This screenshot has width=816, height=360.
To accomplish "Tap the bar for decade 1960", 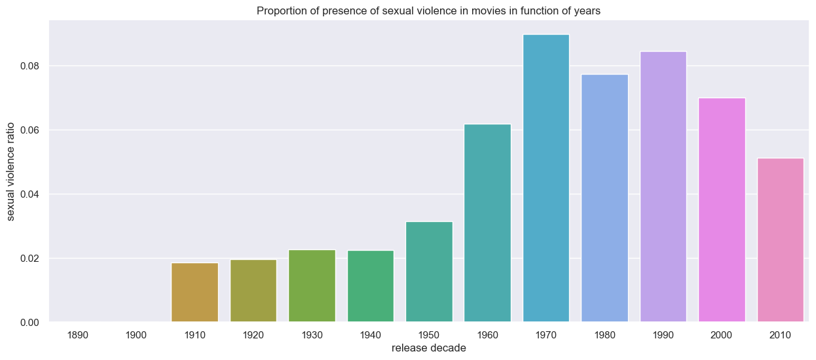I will coord(487,223).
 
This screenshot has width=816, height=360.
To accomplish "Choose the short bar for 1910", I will coord(195,292).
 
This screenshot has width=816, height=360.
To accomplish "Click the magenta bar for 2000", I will coord(722,209).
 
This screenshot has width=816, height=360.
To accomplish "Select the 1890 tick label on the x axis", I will coord(77,335).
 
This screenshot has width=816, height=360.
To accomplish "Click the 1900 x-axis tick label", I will coord(136,335).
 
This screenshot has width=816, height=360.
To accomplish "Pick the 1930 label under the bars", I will coord(312,335).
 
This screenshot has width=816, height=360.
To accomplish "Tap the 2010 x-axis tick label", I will coord(781,335).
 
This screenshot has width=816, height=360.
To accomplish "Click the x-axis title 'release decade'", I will coord(429,348).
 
